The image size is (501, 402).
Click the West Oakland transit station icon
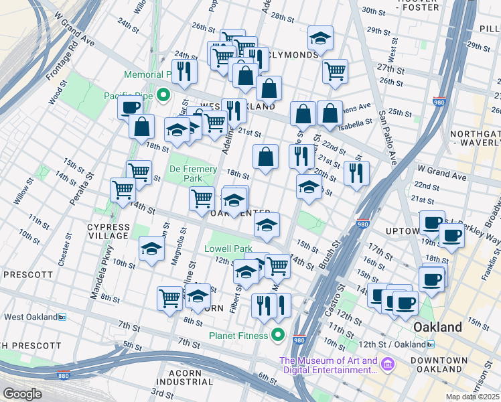[x=62, y=317]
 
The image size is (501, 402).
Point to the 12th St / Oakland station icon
[x=430, y=344]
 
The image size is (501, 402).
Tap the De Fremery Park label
[x=185, y=174]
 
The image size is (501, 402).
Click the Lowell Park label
[x=228, y=249]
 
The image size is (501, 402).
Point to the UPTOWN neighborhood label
[x=403, y=231]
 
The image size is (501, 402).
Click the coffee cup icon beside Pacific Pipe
[x=130, y=107]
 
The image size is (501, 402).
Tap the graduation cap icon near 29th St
[x=321, y=38]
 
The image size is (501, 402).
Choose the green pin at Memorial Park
[x=163, y=96]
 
